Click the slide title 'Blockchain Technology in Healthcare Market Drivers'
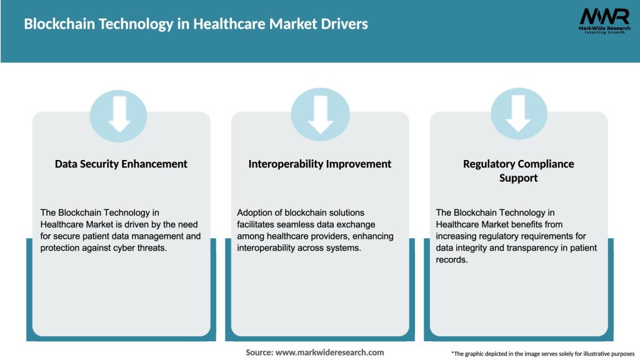(196, 24)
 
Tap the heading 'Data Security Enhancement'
(121, 164)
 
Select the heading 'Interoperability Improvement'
(320, 164)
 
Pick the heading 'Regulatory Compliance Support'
(519, 171)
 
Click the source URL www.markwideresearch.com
(330, 352)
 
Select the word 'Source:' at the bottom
(259, 352)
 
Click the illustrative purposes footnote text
(542, 354)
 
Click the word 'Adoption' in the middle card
(255, 212)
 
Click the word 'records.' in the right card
(452, 259)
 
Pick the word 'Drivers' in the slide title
(343, 24)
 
